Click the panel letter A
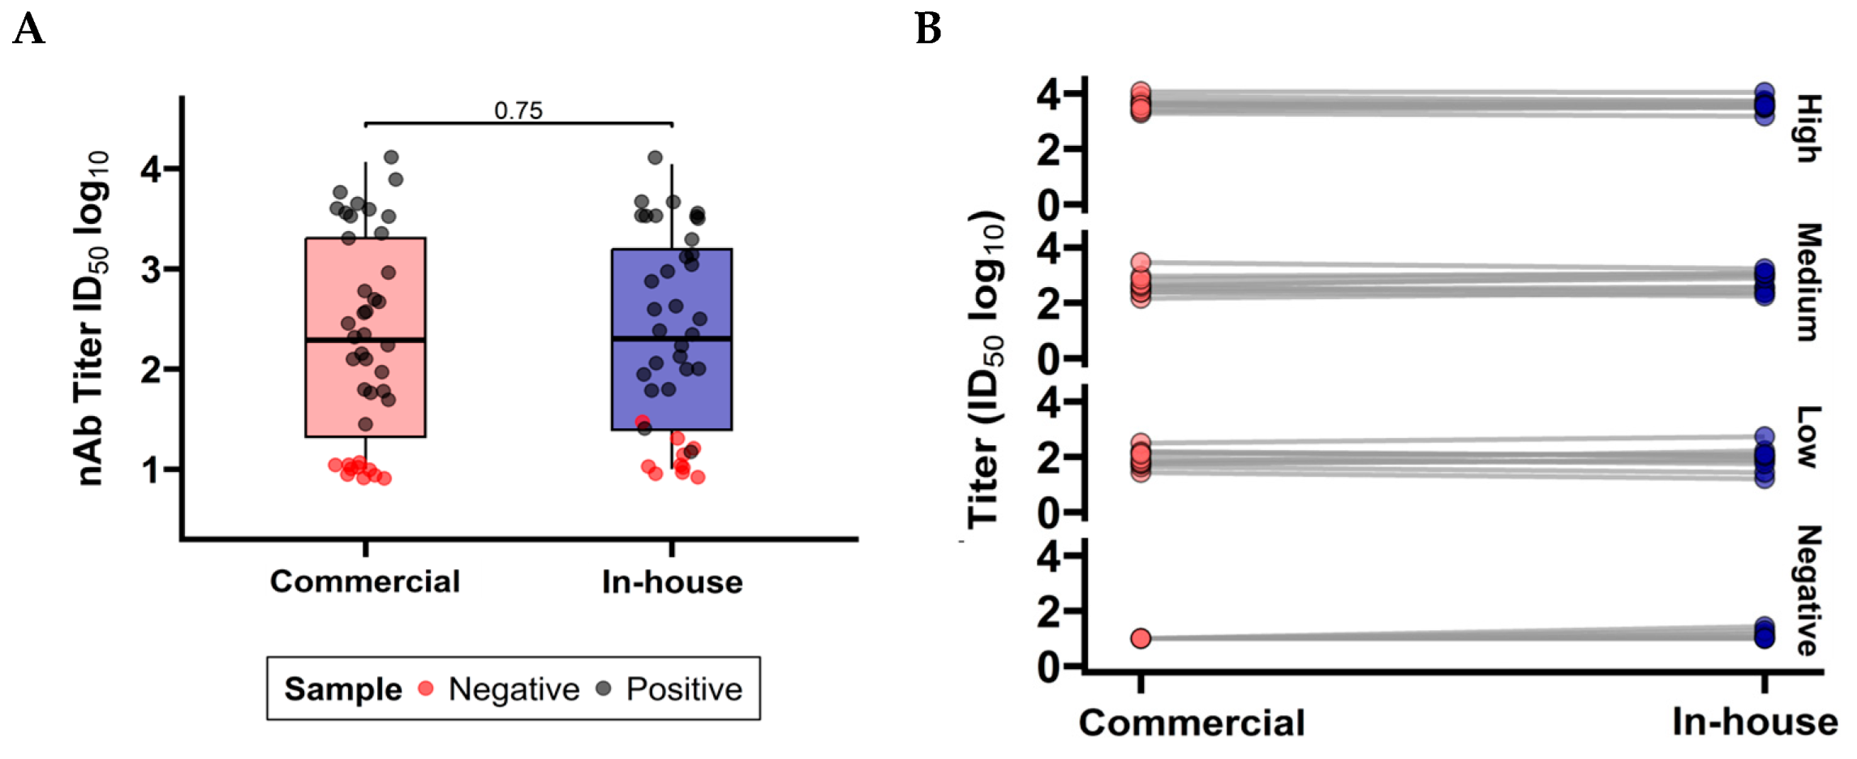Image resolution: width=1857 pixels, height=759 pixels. click(28, 30)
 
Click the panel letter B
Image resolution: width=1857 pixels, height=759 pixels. click(928, 30)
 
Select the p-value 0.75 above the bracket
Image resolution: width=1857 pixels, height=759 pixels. click(518, 110)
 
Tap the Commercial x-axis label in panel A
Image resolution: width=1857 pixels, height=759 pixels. click(365, 581)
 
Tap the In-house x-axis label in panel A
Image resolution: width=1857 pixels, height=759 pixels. click(672, 582)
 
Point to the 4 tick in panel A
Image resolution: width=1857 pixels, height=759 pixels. click(151, 169)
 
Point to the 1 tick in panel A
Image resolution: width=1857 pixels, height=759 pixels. click(151, 470)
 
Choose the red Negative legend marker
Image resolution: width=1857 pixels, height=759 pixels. click(426, 688)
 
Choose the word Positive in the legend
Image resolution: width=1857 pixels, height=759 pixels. click(684, 689)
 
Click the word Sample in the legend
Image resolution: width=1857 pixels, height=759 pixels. click(343, 689)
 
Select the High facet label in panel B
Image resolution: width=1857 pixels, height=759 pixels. click(1808, 128)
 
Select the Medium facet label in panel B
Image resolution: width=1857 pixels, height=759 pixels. click(1808, 282)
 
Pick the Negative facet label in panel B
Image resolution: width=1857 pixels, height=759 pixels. click(1808, 590)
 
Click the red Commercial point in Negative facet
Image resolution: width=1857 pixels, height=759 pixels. click(1141, 638)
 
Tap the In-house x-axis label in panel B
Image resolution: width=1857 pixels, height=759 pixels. click(1755, 722)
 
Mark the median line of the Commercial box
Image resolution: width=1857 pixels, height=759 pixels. click(365, 340)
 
